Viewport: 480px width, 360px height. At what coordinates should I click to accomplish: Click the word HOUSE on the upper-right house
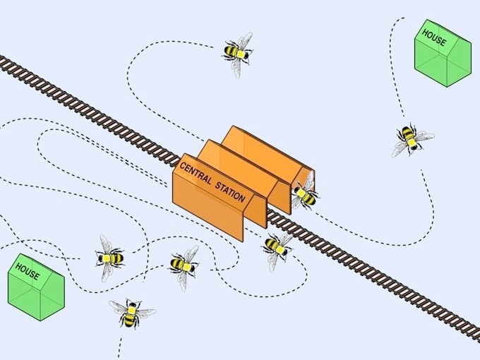(434, 37)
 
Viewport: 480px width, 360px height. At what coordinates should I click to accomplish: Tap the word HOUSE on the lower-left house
(28, 271)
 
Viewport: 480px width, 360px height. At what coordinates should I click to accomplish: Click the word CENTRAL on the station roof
(196, 174)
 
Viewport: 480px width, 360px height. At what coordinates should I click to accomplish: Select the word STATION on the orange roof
(231, 192)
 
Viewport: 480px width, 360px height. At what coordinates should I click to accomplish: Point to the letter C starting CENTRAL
(182, 166)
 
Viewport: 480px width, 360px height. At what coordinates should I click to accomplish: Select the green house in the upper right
(443, 54)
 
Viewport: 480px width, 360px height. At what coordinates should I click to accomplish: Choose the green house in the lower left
(36, 287)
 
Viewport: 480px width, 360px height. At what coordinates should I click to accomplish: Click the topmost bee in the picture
(238, 54)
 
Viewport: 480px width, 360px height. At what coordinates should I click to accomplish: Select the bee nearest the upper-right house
(411, 139)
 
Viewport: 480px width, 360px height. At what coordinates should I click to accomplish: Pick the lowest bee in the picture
(131, 313)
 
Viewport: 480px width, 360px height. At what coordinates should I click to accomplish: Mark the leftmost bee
(109, 258)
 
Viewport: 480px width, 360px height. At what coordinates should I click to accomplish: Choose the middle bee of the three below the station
(184, 265)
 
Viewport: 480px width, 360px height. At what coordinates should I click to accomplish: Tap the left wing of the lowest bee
(119, 307)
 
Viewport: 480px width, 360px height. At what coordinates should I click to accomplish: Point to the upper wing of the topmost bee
(246, 41)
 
